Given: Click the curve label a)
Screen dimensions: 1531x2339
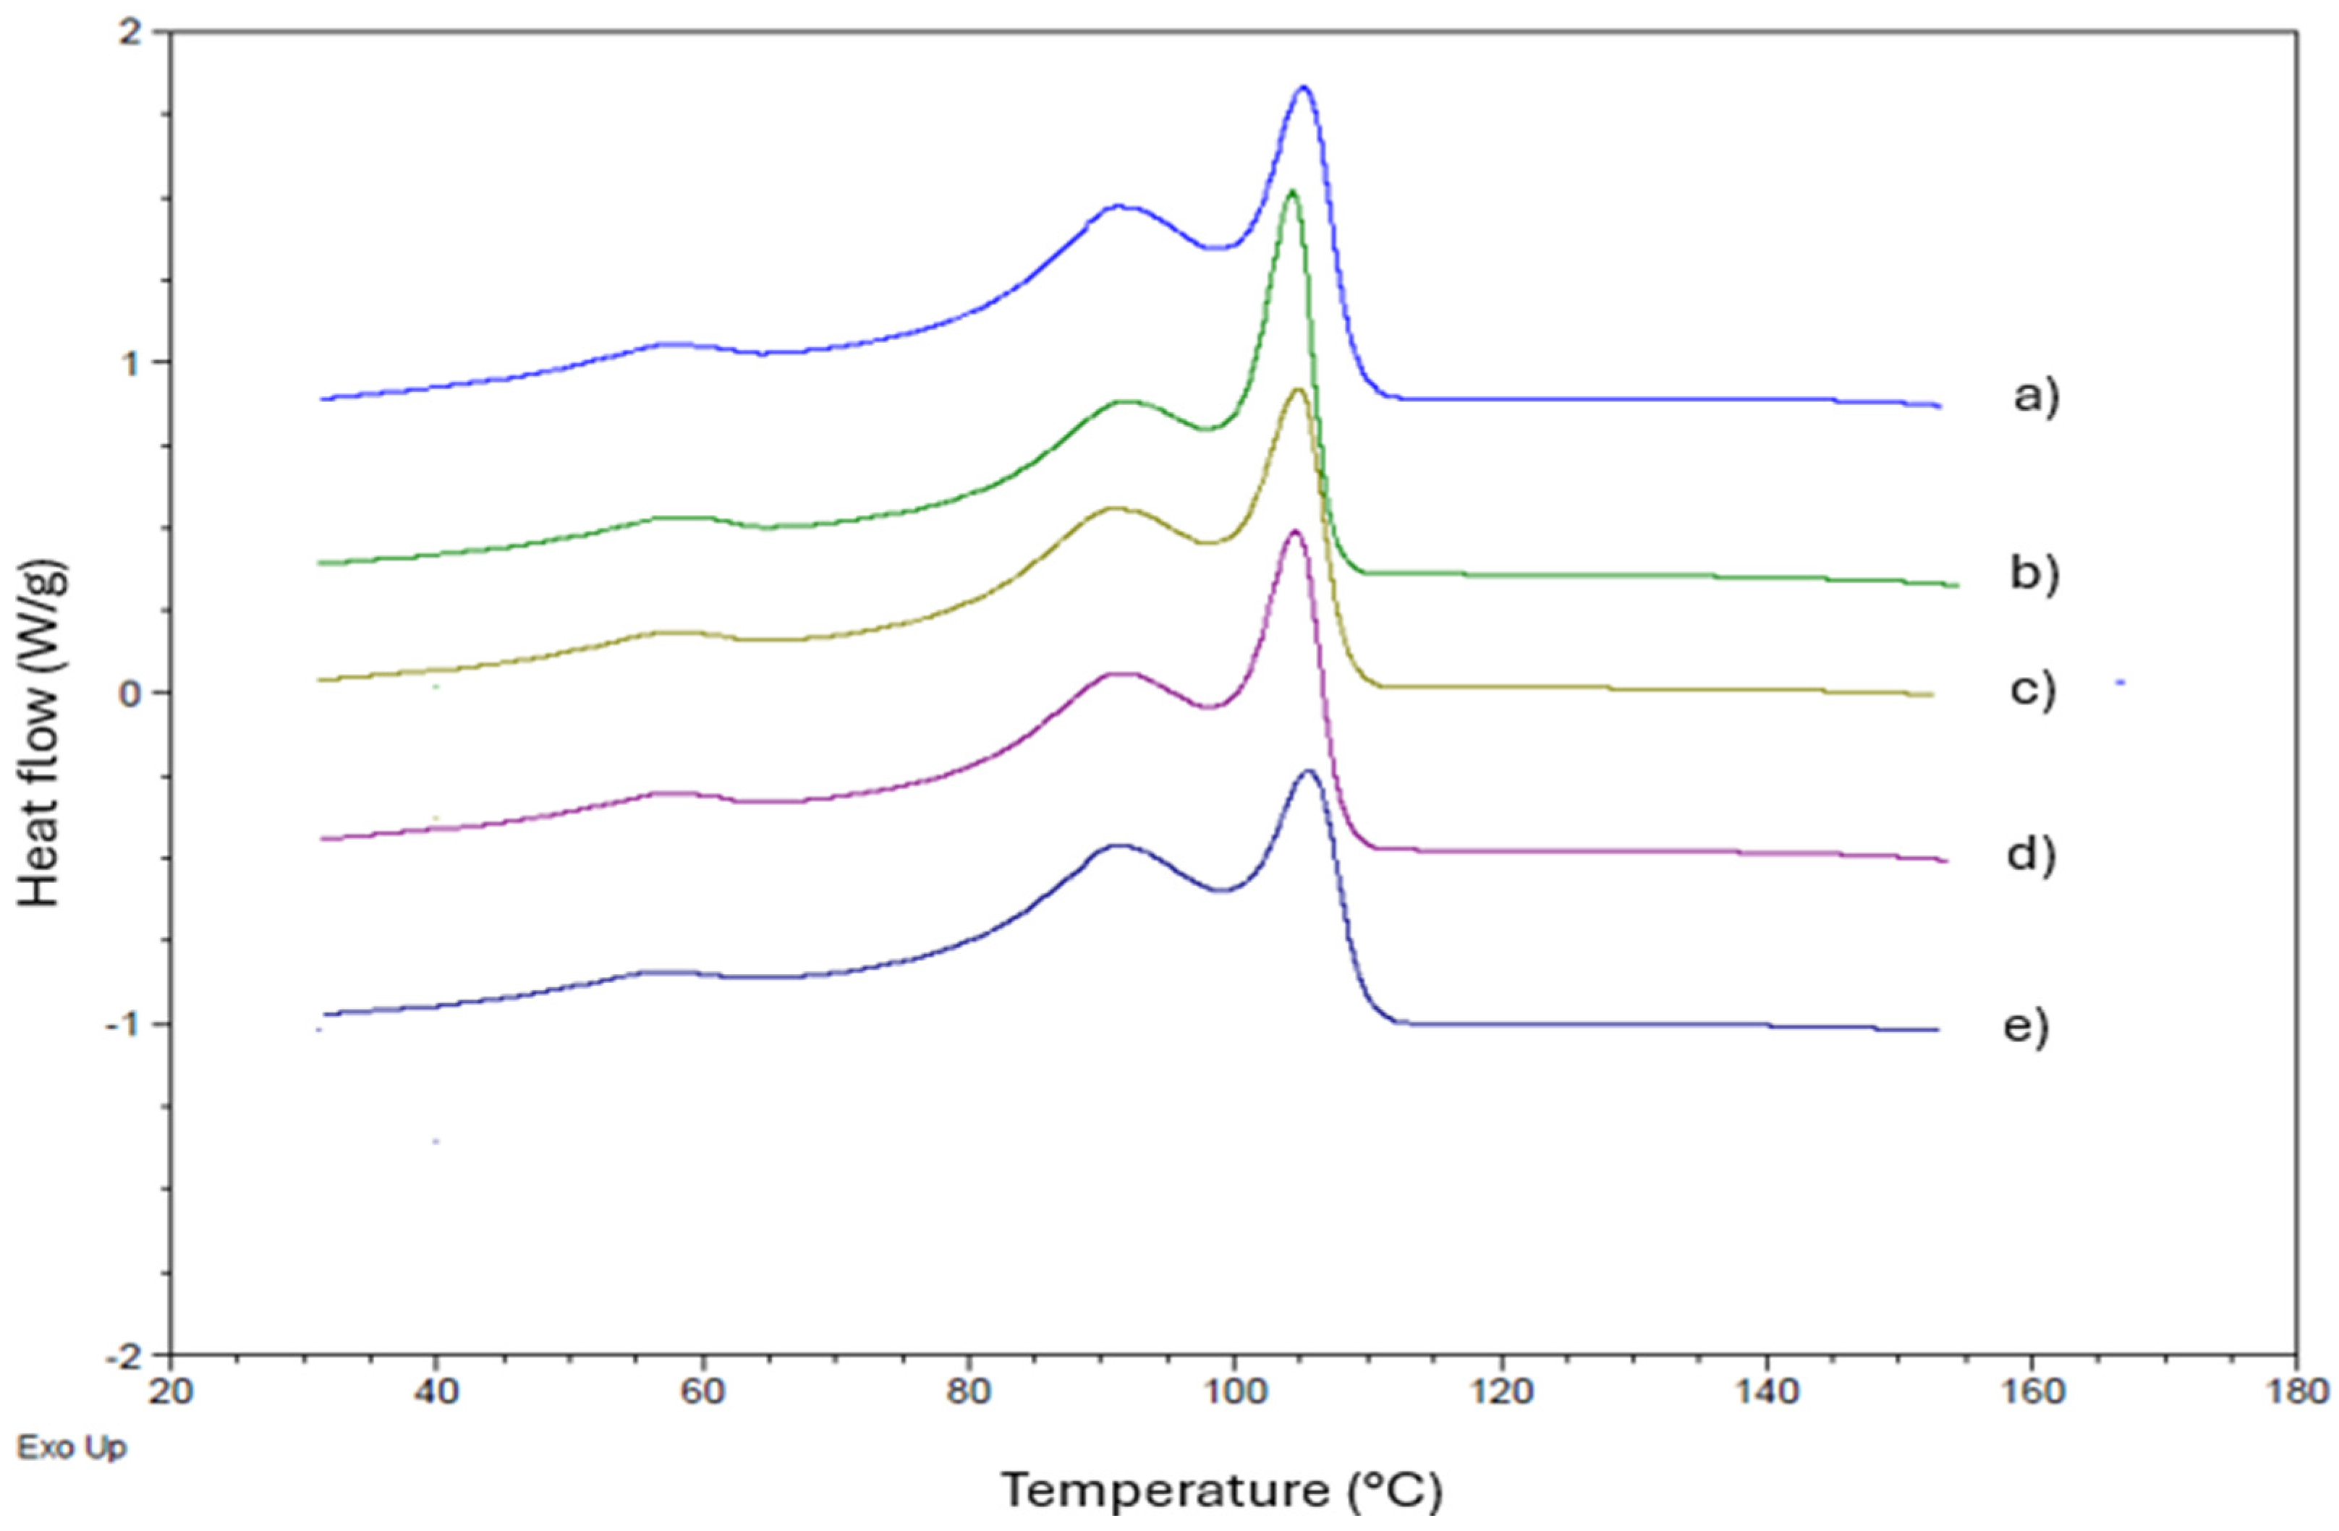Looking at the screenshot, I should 2035,398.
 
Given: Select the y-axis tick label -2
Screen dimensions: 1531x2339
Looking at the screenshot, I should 126,1356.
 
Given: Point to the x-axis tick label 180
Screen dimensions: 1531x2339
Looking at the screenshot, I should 2296,1392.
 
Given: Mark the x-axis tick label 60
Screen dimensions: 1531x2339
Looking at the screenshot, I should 702,1392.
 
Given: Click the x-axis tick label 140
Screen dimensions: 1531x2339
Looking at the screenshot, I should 1766,1392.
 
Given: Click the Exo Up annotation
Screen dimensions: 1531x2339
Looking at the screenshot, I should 72,1448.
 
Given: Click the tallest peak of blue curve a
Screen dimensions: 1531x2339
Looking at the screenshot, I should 1304,88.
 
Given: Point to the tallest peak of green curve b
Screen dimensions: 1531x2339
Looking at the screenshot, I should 1291,192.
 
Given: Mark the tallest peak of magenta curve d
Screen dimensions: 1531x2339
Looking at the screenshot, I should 1294,532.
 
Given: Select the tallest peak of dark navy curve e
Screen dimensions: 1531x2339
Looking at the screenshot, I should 1308,772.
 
